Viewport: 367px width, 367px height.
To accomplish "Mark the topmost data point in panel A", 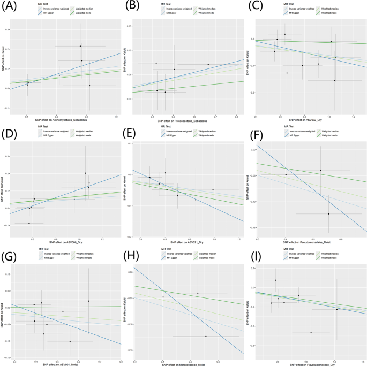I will pos(80,46).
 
